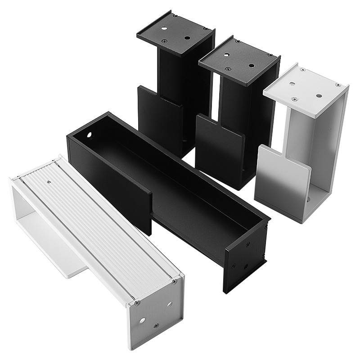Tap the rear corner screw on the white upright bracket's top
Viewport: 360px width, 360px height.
point(302,70)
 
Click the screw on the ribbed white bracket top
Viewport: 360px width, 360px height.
point(49,182)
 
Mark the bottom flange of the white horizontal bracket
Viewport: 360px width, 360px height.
point(58,261)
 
